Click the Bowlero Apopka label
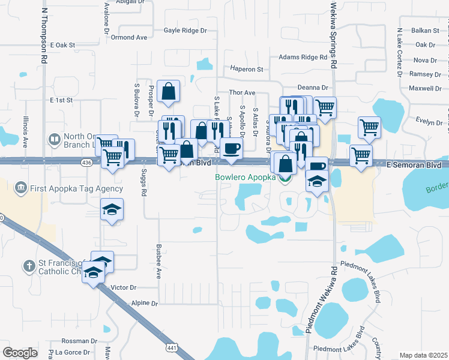[245, 178]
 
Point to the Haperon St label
[244, 70]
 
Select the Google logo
[20, 353]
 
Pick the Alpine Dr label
[144, 304]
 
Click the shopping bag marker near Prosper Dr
[169, 91]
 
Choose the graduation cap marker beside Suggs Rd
[112, 210]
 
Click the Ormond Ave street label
[129, 37]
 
